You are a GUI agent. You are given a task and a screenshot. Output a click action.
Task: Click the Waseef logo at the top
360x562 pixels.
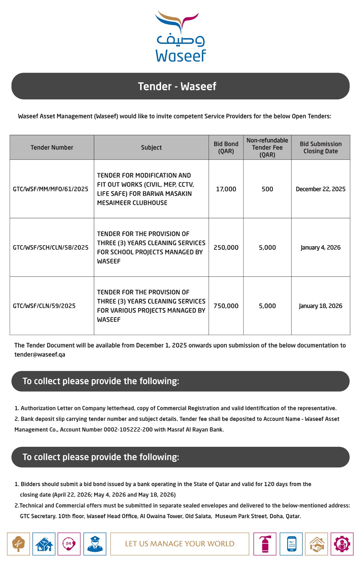pyautogui.click(x=180, y=37)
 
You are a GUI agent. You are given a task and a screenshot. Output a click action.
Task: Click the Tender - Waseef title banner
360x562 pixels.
pyautogui.click(x=180, y=86)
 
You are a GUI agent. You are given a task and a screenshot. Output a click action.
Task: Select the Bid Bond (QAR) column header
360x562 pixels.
pyautogui.click(x=226, y=148)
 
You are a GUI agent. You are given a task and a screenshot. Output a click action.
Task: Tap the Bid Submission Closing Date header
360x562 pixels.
pyautogui.click(x=321, y=148)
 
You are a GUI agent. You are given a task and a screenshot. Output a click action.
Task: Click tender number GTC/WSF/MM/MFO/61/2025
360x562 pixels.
pyautogui.click(x=51, y=189)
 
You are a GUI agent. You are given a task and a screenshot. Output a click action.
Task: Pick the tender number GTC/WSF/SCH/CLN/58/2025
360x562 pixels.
pyautogui.click(x=51, y=248)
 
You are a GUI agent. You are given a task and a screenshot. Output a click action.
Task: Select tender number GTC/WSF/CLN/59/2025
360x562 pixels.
pyautogui.click(x=44, y=306)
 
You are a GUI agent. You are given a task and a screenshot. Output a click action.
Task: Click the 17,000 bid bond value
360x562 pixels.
pyautogui.click(x=226, y=189)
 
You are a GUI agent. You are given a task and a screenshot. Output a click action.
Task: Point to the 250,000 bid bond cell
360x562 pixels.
pyautogui.click(x=226, y=248)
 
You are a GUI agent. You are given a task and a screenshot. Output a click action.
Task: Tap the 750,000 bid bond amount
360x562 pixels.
pyautogui.click(x=226, y=306)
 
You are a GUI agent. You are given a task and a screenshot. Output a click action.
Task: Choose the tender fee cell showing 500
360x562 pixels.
pyautogui.click(x=267, y=189)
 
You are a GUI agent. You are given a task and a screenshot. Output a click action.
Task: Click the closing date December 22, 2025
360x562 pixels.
pyautogui.click(x=321, y=189)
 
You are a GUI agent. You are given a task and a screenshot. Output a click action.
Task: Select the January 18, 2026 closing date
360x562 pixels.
pyautogui.click(x=321, y=306)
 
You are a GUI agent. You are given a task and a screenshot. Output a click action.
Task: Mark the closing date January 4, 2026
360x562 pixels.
pyautogui.click(x=321, y=248)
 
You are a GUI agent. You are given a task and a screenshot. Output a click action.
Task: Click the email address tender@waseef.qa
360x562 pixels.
pyautogui.click(x=40, y=354)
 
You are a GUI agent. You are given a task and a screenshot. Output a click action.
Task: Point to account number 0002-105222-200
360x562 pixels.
pyautogui.click(x=128, y=430)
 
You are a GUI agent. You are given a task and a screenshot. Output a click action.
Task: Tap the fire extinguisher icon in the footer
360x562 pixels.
pyautogui.click(x=265, y=544)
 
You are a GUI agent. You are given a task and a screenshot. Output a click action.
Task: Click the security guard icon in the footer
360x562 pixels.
pyautogui.click(x=95, y=544)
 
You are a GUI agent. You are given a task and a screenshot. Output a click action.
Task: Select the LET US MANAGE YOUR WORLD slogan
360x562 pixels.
pyautogui.click(x=180, y=544)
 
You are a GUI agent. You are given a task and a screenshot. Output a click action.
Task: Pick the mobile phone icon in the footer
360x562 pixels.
pyautogui.click(x=292, y=544)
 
